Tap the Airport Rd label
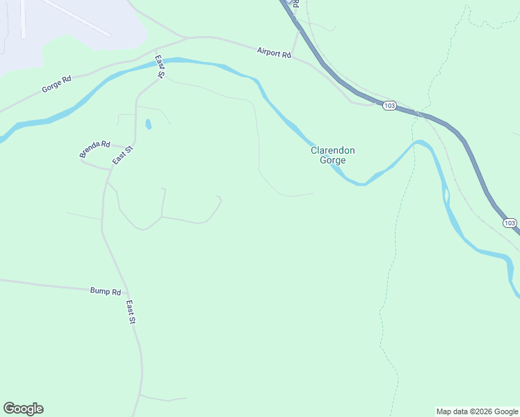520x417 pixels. (x=273, y=52)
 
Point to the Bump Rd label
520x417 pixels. (x=106, y=292)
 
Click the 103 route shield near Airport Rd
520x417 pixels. (x=389, y=106)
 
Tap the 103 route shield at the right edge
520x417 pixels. (x=510, y=223)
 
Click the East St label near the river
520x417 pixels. (x=159, y=66)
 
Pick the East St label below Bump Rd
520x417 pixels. (x=131, y=313)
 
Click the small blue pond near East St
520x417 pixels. (x=148, y=125)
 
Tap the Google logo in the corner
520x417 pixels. (x=23, y=409)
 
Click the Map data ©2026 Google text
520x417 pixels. (x=477, y=411)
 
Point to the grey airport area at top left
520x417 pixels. (x=63, y=28)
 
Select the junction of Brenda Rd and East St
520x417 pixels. (x=111, y=170)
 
